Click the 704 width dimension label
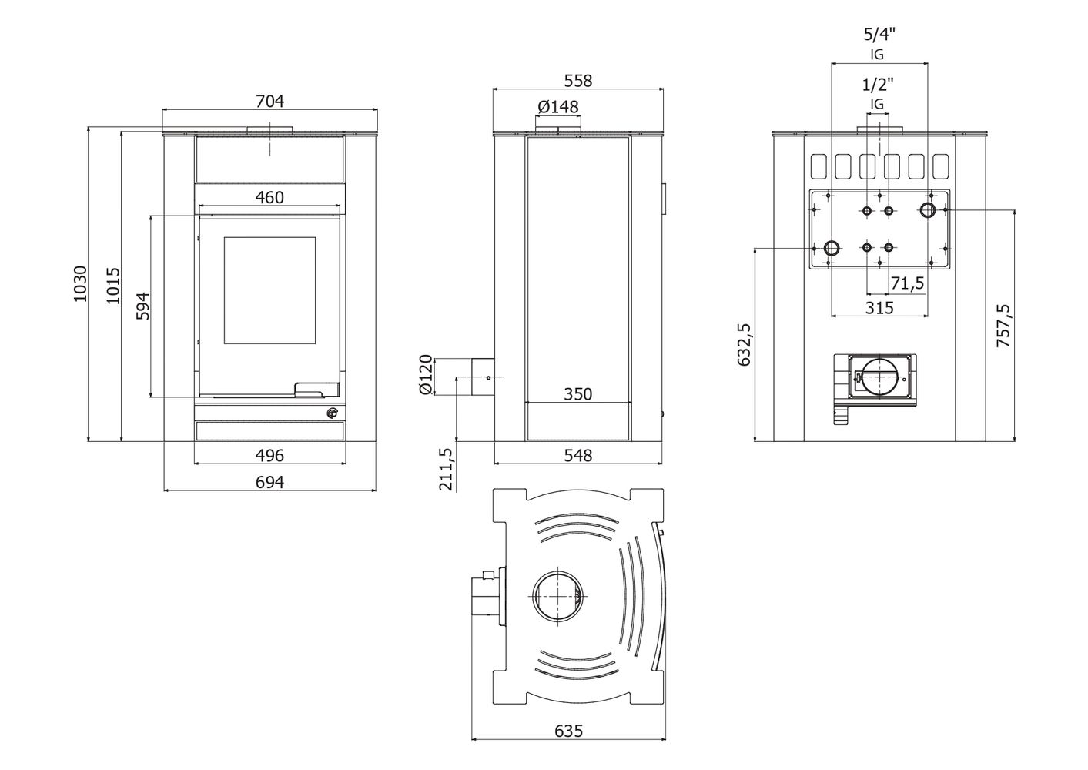click(x=269, y=101)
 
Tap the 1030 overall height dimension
click(x=80, y=283)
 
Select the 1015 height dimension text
click(x=113, y=286)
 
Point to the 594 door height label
click(x=143, y=306)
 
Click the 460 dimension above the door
click(x=269, y=197)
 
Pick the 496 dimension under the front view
click(x=269, y=455)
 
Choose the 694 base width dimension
click(x=269, y=482)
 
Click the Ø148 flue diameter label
click(x=558, y=106)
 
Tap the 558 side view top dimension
click(x=578, y=81)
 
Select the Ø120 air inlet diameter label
click(x=426, y=374)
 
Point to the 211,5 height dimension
click(x=446, y=469)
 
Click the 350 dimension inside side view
click(x=578, y=394)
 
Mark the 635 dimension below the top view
click(x=568, y=745)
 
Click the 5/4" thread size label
click(x=879, y=34)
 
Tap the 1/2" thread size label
click(x=878, y=85)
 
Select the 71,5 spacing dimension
click(x=907, y=283)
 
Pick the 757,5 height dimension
click(x=1003, y=326)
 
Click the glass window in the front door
click(x=269, y=290)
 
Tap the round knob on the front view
click(x=332, y=413)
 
